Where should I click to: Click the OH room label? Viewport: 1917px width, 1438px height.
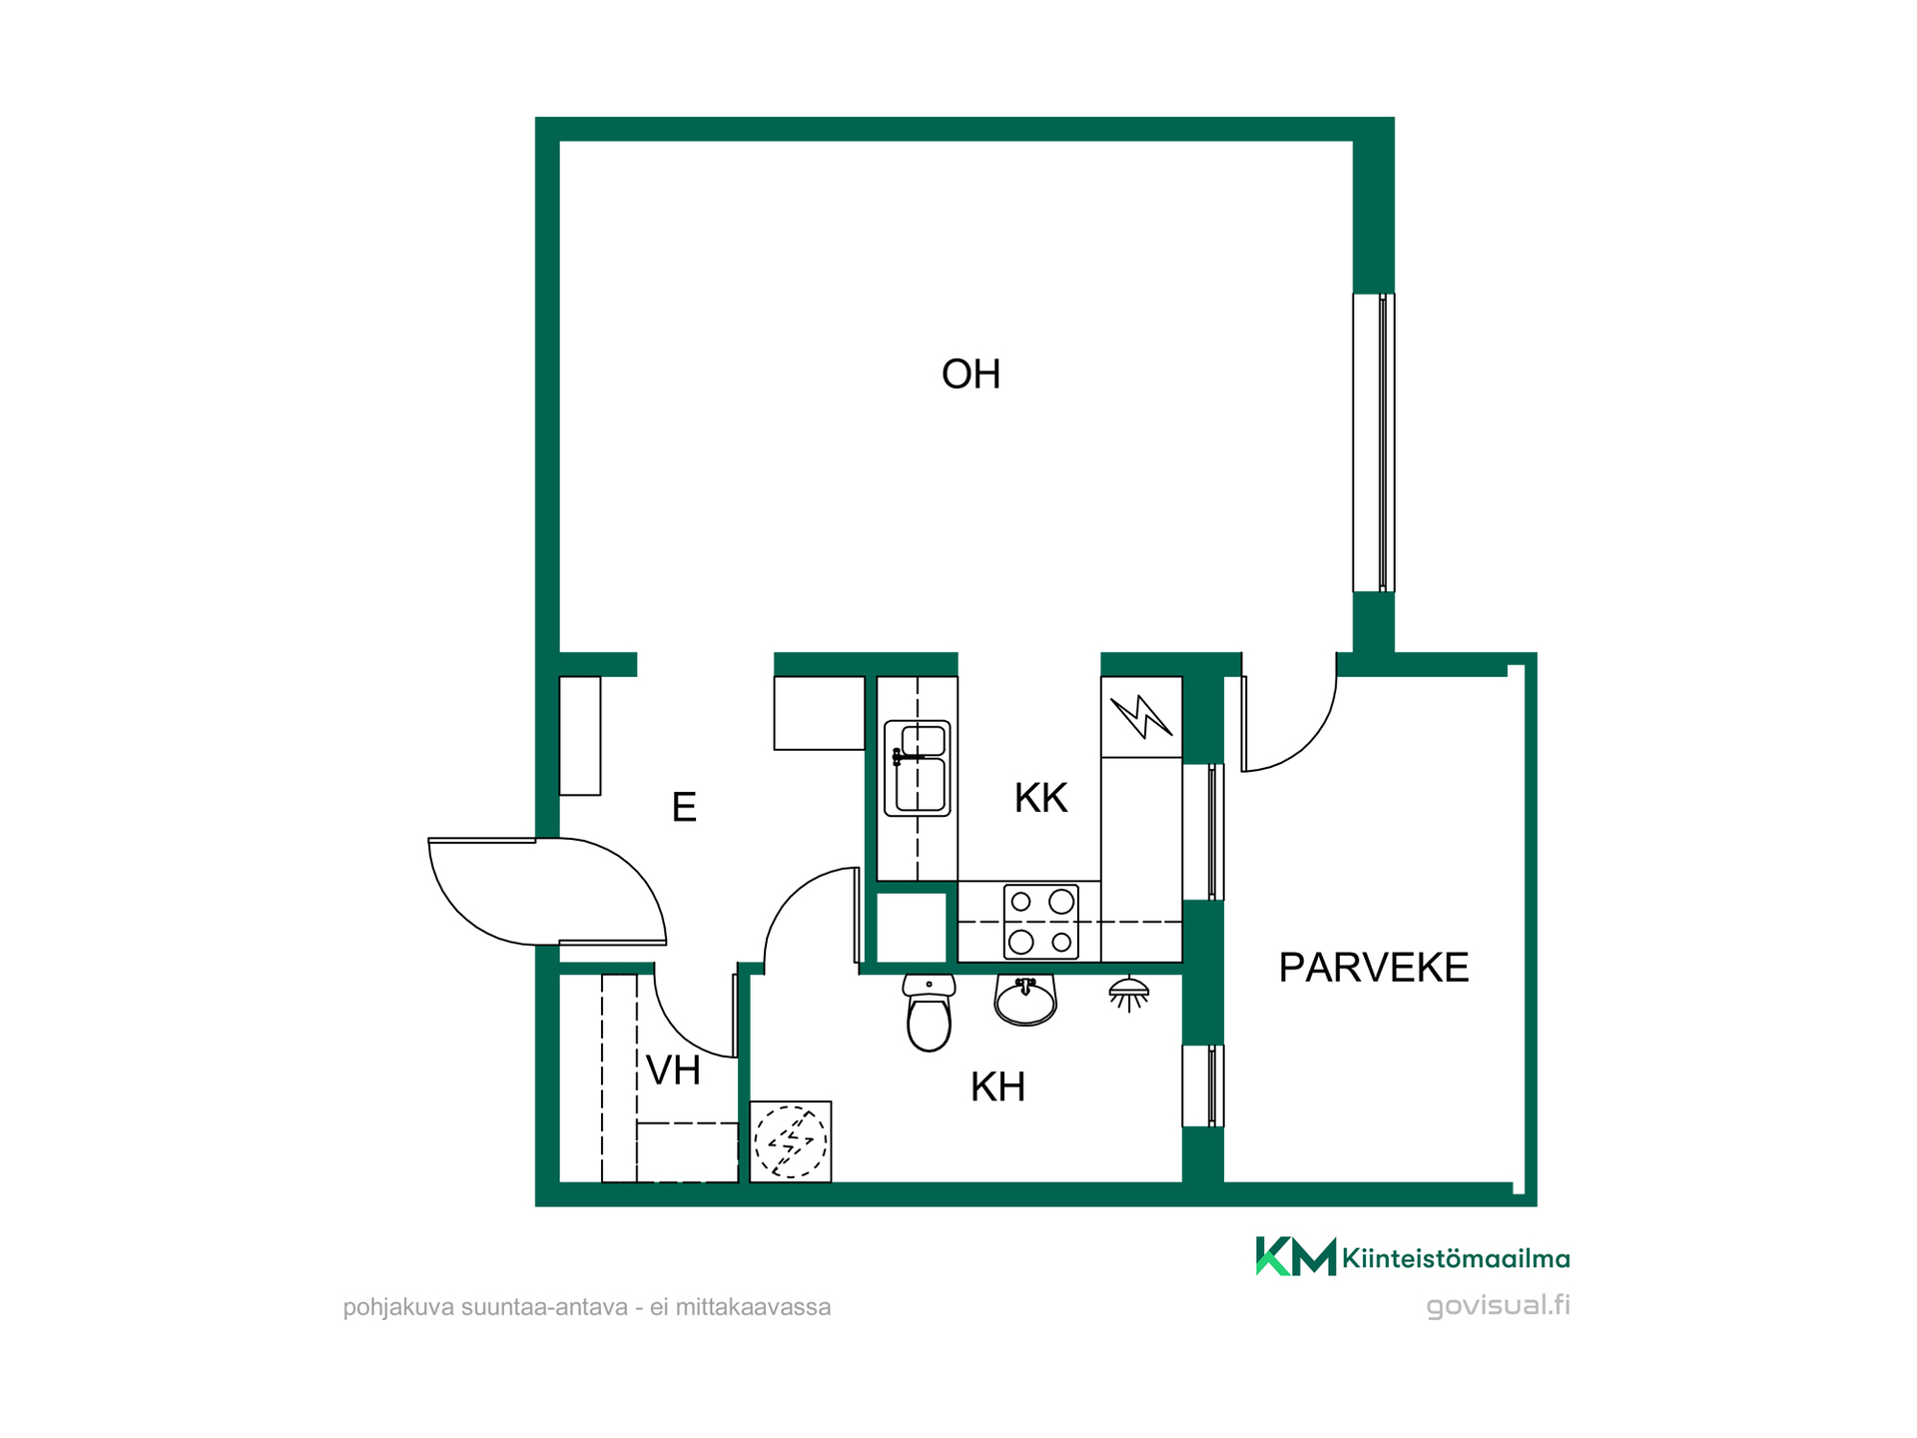tap(970, 374)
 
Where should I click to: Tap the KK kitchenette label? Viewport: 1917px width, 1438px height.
tap(1040, 798)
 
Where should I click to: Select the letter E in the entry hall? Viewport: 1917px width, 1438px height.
tap(684, 807)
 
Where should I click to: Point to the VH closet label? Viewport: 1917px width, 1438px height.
tap(673, 1071)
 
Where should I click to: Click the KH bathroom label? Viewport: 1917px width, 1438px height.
tap(997, 1086)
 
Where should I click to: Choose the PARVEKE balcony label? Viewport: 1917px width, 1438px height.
tap(1374, 967)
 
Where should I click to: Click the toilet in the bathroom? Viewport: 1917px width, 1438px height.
tap(929, 1013)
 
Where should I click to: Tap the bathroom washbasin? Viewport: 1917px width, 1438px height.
tap(1025, 1000)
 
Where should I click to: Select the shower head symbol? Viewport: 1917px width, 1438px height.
tap(1129, 994)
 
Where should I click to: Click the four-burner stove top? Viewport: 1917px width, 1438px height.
tap(1040, 922)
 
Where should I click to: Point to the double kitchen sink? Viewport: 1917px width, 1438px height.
tap(917, 768)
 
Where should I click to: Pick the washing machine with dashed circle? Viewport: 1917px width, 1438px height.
tap(791, 1141)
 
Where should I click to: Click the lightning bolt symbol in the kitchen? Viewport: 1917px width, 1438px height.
tap(1141, 716)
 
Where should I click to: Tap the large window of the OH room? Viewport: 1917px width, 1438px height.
tap(1374, 442)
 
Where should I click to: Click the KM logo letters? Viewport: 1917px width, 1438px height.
tap(1295, 1256)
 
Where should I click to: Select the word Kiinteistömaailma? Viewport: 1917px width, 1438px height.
tap(1456, 1258)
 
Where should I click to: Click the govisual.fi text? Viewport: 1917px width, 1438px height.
tap(1498, 1305)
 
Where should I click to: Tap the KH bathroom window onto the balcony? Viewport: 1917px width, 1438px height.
tap(1203, 1085)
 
